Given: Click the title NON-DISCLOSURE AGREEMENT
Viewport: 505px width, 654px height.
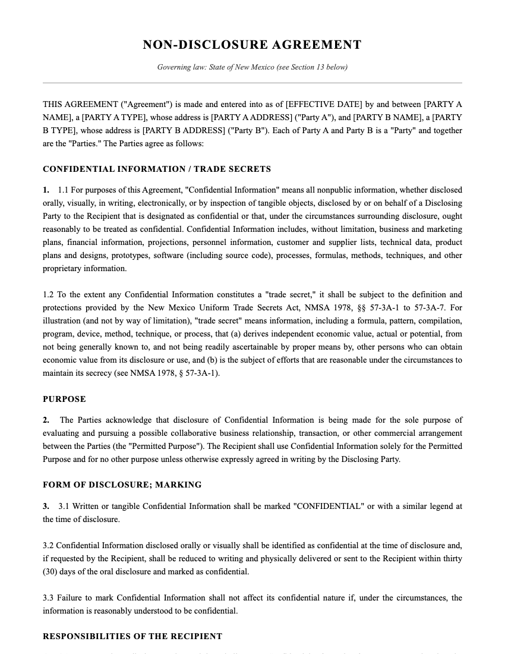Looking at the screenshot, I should [x=252, y=45].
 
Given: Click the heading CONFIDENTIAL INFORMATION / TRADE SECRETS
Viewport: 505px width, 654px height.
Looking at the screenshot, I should [x=157, y=169].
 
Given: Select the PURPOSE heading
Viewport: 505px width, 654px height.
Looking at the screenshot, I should [x=64, y=399].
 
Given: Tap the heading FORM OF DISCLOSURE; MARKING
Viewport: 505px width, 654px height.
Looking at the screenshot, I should [x=122, y=485].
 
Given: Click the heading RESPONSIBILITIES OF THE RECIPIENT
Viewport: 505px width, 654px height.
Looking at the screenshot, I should [x=132, y=636].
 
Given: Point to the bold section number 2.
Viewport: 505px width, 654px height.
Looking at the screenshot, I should [x=46, y=420].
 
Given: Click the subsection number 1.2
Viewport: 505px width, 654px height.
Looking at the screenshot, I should [x=48, y=295].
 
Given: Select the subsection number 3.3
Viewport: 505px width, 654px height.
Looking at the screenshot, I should [x=48, y=598].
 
